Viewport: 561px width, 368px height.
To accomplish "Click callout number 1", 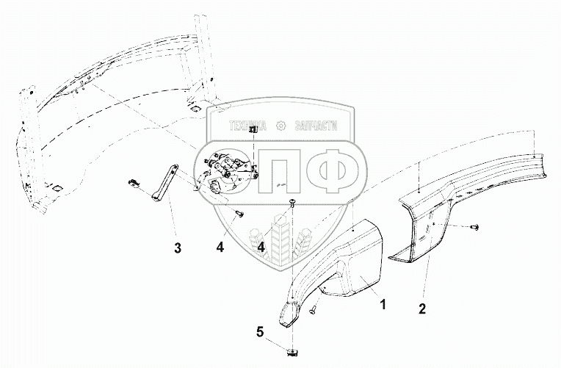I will tap(382, 301).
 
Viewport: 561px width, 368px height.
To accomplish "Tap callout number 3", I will tap(176, 247).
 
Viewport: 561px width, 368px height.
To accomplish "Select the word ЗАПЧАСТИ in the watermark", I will tap(316, 126).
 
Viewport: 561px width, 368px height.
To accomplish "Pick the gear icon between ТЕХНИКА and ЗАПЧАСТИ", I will tap(279, 126).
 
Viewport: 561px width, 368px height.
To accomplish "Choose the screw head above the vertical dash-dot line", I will tap(293, 201).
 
